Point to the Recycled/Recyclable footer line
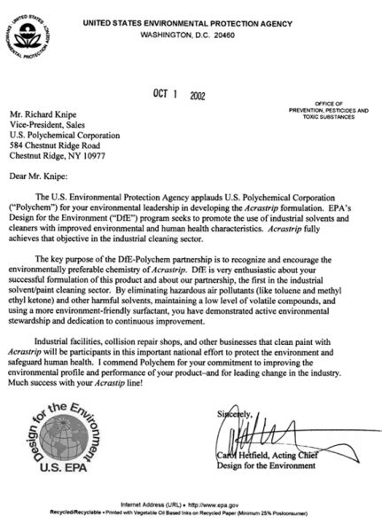coord(191,512)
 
